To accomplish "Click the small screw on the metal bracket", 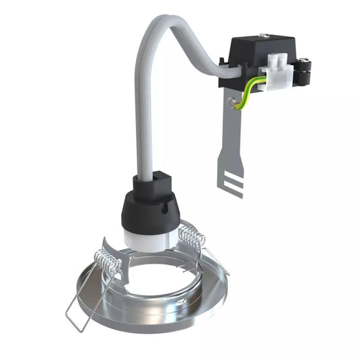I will pos(233,102).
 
